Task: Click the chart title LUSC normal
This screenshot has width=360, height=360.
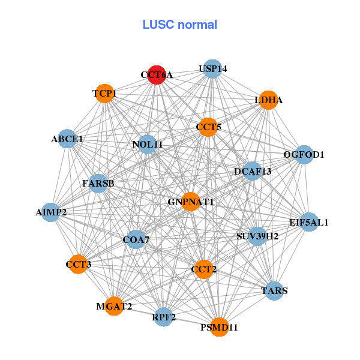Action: [x=180, y=25]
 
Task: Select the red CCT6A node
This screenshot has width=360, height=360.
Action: [x=157, y=75]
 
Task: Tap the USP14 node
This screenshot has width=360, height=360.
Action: [x=212, y=69]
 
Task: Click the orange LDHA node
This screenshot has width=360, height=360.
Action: [x=268, y=100]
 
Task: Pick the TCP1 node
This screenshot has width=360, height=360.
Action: [x=104, y=94]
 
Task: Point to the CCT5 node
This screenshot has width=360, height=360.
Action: [x=208, y=127]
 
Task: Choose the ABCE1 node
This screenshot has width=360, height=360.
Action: [x=67, y=139]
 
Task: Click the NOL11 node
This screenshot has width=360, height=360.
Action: [x=148, y=144]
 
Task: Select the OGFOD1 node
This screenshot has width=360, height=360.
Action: [x=304, y=155]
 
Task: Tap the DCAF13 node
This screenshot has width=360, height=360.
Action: [x=253, y=172]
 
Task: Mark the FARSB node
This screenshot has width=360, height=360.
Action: [x=98, y=182]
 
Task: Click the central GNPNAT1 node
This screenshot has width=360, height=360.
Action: [x=191, y=202]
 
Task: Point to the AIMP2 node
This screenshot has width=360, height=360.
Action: [x=51, y=212]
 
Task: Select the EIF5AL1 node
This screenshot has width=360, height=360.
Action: [x=309, y=222]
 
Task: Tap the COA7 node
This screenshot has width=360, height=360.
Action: [x=136, y=240]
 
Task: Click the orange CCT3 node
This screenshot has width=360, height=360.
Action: [x=78, y=264]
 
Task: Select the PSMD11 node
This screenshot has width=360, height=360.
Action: [x=219, y=327]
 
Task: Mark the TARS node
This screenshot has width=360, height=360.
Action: [x=274, y=291]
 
